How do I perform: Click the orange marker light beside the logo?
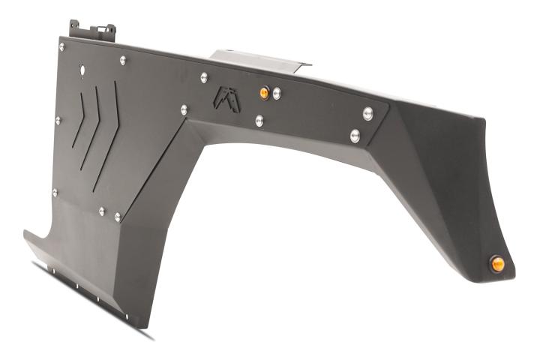pos(264,92)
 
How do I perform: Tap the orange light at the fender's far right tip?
pos(497,263)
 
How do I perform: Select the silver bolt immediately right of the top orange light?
pos(277,92)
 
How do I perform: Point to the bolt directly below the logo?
pos(259,120)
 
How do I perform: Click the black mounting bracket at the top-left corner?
pos(93,31)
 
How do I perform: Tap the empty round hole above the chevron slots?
pos(82,70)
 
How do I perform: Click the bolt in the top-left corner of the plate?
pos(62,46)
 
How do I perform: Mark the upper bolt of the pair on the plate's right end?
pos(368,113)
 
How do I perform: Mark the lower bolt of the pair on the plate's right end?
pos(355,136)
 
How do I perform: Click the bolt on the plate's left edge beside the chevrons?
pos(58,119)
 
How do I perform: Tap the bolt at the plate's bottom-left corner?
pos(55,193)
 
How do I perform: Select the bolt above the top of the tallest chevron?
pos(122,59)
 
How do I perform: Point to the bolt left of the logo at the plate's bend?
pos(184,109)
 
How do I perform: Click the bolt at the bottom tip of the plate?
pos(118,217)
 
